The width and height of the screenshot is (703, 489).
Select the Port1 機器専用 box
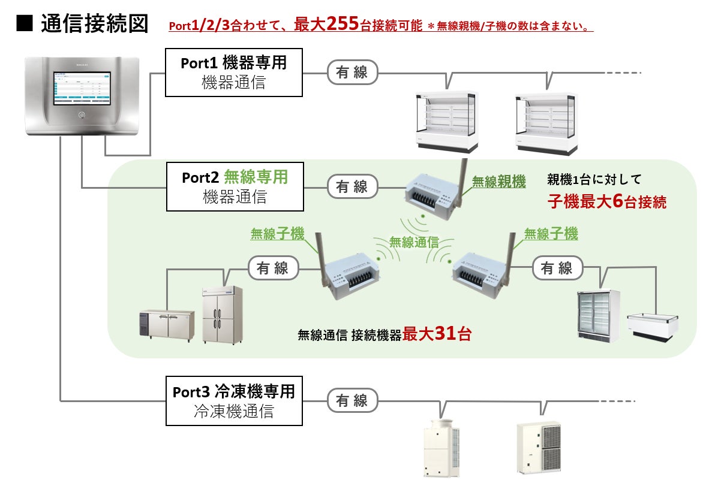coord(234,73)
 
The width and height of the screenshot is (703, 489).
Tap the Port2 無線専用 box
coord(234,187)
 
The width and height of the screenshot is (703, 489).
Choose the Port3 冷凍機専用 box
coord(234,401)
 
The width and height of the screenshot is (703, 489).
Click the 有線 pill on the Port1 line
coord(352,73)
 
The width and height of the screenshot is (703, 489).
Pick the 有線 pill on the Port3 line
coord(352,401)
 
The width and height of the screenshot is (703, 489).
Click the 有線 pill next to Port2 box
coord(352,186)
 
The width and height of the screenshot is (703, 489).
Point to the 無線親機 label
coord(498,181)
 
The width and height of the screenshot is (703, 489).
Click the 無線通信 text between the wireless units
coord(414,242)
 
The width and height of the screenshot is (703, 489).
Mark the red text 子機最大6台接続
coord(606,201)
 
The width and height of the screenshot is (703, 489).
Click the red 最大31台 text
coord(436,334)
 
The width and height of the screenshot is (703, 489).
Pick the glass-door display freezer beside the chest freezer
coord(597,315)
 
